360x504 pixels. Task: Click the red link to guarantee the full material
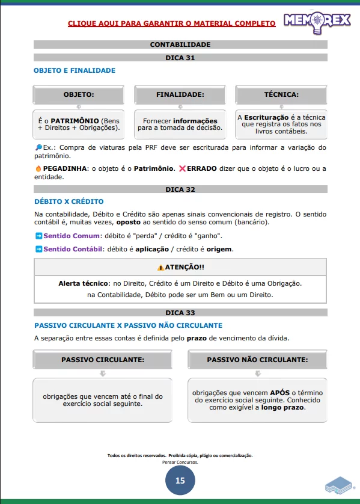171,23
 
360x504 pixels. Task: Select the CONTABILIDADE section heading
180,45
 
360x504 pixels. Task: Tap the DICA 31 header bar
180,58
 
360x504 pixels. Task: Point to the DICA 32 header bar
180,189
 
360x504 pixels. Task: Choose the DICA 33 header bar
180,313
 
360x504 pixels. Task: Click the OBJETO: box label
79,94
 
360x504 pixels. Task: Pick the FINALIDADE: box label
180,94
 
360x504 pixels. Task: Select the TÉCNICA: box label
281,94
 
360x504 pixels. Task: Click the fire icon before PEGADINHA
38,168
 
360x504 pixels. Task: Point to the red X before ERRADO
182,168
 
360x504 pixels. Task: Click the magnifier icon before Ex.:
38,147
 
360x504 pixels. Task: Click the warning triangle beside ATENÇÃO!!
160,267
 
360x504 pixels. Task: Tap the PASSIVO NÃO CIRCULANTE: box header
257,359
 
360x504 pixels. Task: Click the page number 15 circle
180,480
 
